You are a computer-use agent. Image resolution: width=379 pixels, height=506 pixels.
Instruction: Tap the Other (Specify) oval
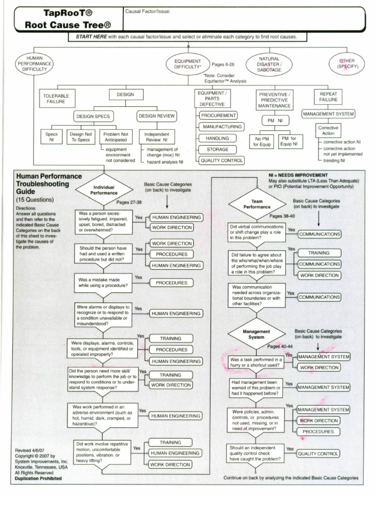(347, 63)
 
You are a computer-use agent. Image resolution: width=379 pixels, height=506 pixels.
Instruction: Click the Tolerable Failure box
(56, 97)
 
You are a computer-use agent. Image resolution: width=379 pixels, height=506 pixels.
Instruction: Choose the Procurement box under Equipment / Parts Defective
(218, 115)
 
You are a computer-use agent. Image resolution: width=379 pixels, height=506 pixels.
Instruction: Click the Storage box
(218, 149)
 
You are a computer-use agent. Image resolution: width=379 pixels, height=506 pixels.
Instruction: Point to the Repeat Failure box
(328, 96)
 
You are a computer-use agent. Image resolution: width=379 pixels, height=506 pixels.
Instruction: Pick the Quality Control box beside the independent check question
(318, 453)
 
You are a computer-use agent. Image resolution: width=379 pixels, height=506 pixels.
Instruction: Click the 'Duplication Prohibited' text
(38, 478)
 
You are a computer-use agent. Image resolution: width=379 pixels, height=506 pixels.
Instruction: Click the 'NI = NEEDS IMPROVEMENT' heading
(298, 175)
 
